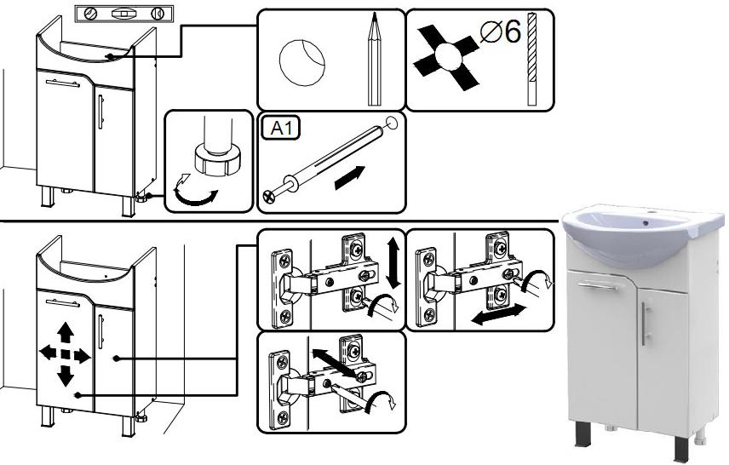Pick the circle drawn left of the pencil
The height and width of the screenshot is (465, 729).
pyautogui.click(x=302, y=61)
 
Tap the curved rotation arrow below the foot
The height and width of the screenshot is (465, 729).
pyautogui.click(x=194, y=197)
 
